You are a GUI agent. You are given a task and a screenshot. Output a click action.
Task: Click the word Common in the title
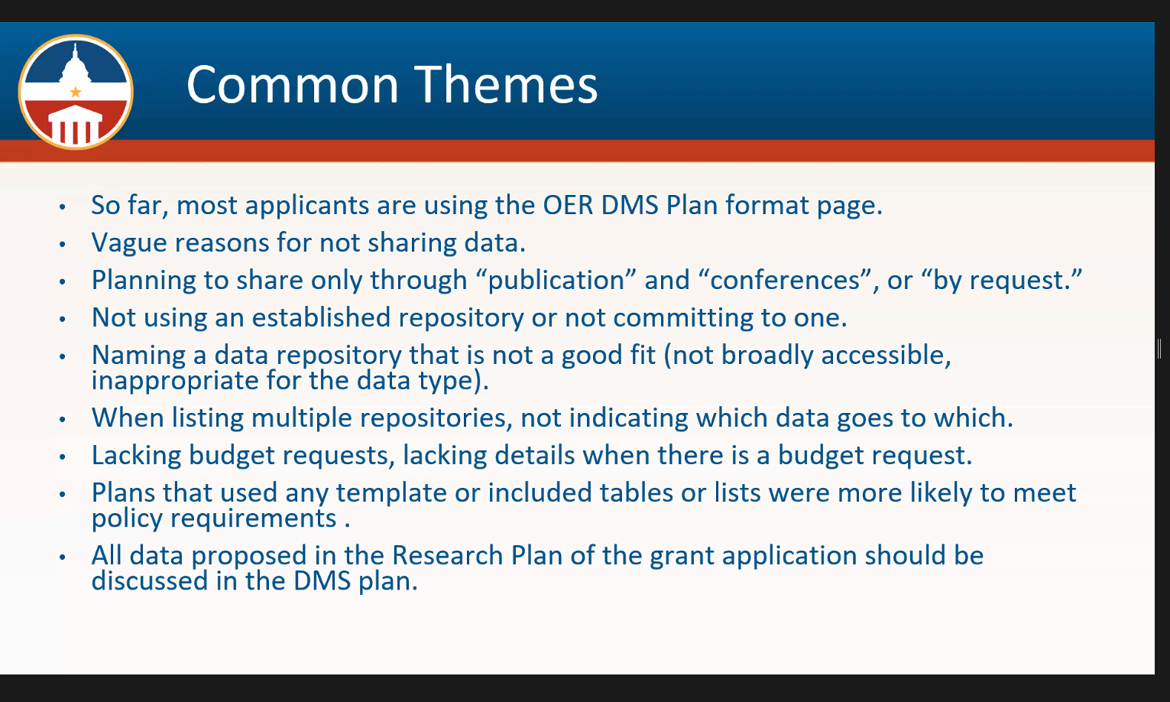coord(293,84)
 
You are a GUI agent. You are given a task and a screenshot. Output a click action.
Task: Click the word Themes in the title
coord(506,84)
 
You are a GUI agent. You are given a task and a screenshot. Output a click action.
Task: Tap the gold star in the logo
coord(76,93)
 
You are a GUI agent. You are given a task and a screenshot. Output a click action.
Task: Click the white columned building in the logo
coord(75,125)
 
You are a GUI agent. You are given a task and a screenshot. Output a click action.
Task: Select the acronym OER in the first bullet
coord(568,205)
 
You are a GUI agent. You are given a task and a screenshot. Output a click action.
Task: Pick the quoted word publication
coord(556,281)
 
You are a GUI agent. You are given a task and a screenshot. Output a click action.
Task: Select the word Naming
coord(138,356)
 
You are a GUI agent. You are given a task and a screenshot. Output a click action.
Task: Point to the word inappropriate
coord(175,381)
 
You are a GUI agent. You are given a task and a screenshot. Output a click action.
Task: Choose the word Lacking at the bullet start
coord(136,456)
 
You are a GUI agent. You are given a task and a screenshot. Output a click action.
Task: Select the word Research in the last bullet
coord(448,555)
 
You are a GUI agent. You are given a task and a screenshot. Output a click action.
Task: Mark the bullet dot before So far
coord(63,207)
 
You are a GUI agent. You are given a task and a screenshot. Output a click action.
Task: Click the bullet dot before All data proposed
coord(63,557)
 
